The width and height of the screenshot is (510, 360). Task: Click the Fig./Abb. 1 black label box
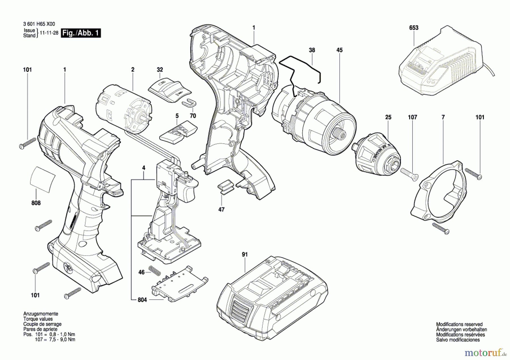pyautogui.click(x=81, y=33)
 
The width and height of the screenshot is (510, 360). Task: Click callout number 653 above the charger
pyautogui.click(x=414, y=28)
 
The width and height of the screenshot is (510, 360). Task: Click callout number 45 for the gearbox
pyautogui.click(x=339, y=50)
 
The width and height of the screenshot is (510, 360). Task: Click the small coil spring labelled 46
pyautogui.click(x=155, y=271)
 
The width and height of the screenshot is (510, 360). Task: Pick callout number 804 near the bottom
pyautogui.click(x=142, y=300)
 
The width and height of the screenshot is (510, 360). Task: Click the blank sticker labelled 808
pyautogui.click(x=42, y=178)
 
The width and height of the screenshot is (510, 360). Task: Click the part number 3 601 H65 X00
pyautogui.click(x=39, y=24)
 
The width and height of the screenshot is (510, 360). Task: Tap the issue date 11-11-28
pyautogui.click(x=49, y=33)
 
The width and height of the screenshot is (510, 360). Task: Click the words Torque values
pyautogui.click(x=38, y=319)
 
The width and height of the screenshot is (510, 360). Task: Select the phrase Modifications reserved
pyautogui.click(x=459, y=324)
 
